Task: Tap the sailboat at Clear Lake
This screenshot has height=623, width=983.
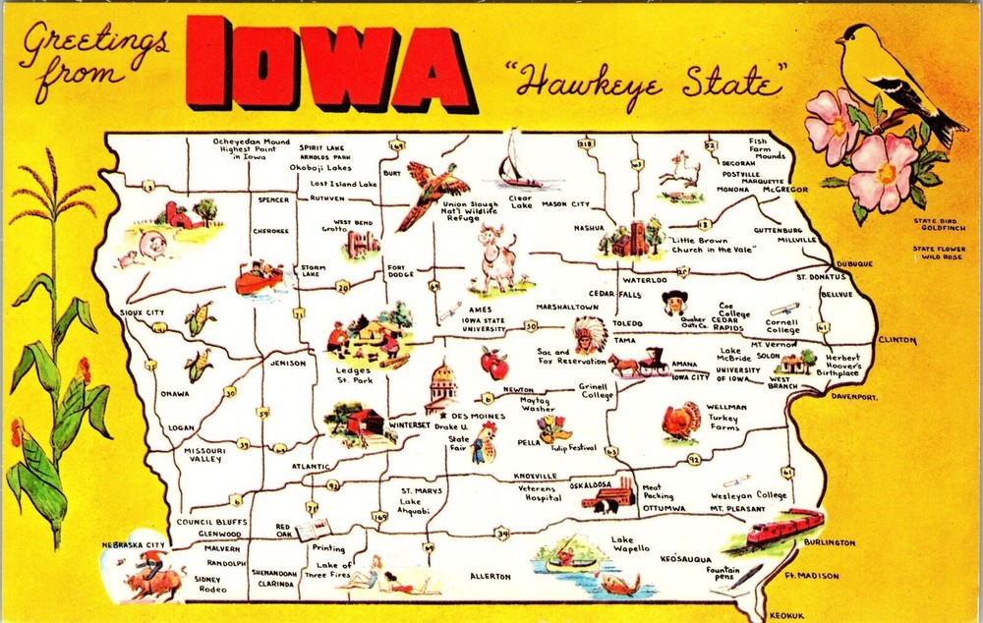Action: pyautogui.click(x=518, y=162)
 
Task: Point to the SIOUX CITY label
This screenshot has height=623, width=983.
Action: pyautogui.click(x=143, y=312)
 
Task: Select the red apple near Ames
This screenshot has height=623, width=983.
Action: pyautogui.click(x=493, y=365)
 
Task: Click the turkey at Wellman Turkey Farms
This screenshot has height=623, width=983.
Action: pyautogui.click(x=680, y=421)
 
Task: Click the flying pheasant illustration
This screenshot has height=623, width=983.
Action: pyautogui.click(x=431, y=191)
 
